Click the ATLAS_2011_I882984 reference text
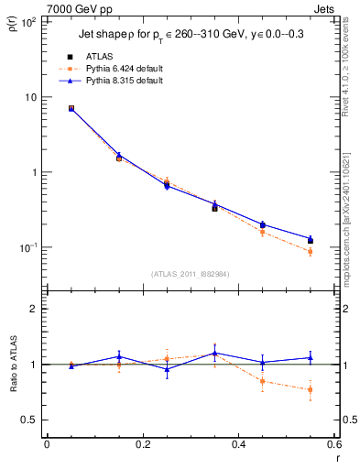click(190, 273)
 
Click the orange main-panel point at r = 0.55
click(310, 251)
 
